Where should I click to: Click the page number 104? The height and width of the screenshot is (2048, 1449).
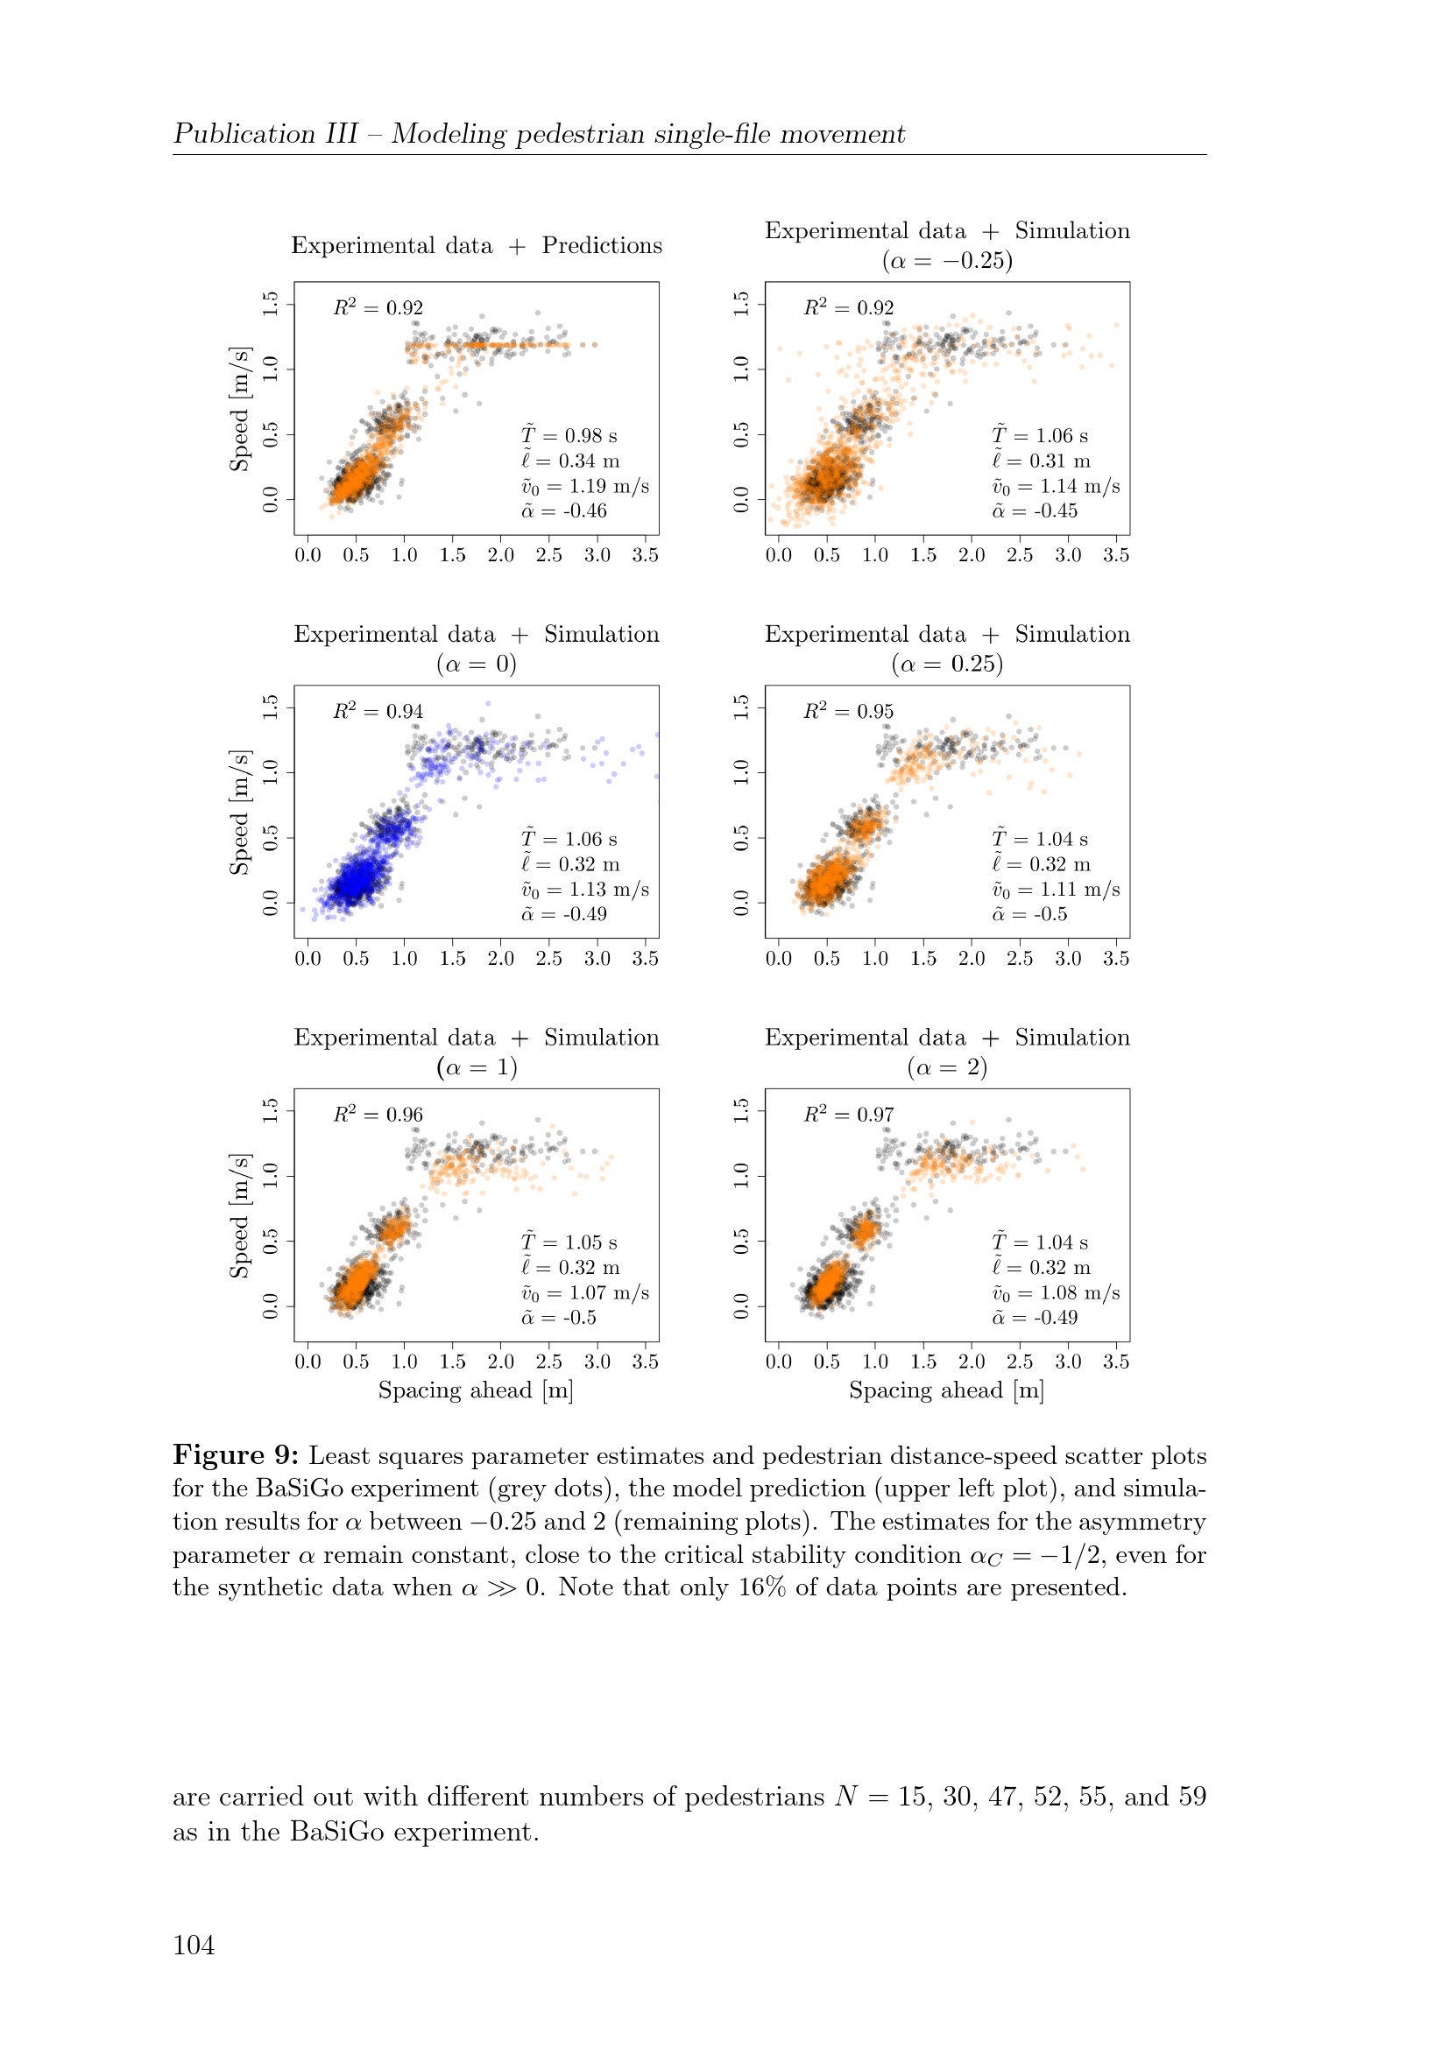pos(194,1945)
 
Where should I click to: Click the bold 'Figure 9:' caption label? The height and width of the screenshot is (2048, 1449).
pos(236,1455)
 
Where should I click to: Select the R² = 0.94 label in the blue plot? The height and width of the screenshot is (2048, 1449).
pos(378,710)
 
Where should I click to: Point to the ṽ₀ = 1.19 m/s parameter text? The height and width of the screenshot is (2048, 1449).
pos(585,486)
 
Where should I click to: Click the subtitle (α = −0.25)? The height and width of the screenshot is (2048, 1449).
pos(948,260)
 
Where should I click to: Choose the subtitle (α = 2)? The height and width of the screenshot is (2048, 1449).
pos(948,1066)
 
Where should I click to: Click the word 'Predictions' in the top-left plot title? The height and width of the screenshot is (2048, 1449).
pos(602,245)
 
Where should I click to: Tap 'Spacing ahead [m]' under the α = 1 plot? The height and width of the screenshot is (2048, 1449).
pos(476,1390)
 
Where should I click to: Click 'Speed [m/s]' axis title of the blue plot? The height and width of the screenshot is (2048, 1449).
pos(239,812)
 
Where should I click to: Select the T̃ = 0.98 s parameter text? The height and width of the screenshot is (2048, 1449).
pos(569,434)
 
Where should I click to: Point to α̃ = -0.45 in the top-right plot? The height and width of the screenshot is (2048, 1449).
pos(1035,511)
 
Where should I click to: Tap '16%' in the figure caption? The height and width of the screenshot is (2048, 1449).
pos(762,1587)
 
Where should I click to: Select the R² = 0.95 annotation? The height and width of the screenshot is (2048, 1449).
pos(849,710)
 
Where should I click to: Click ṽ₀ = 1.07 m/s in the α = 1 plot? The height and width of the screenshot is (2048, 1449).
pos(585,1292)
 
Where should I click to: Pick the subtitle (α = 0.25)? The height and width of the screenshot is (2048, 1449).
pos(948,664)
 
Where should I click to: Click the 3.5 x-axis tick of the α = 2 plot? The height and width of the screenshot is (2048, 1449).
pos(1116,1362)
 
